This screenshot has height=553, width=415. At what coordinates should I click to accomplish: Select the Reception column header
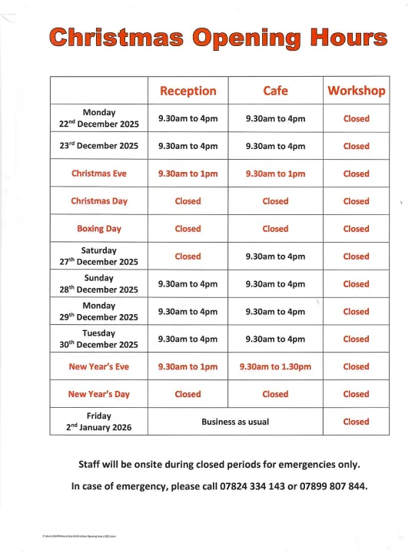(x=188, y=91)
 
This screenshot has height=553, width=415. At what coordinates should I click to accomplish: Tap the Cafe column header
(x=275, y=91)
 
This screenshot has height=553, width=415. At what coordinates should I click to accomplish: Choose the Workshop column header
(x=356, y=91)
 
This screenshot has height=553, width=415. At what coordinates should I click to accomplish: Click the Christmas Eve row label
(x=99, y=174)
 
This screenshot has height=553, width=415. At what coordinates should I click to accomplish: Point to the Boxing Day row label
(x=99, y=229)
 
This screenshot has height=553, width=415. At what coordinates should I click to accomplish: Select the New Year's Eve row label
(x=99, y=366)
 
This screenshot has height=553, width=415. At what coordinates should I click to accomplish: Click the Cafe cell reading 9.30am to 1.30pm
(x=275, y=366)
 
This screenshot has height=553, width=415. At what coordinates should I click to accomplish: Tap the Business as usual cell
(x=231, y=422)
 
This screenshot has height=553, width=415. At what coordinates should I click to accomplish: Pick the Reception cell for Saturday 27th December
(x=188, y=257)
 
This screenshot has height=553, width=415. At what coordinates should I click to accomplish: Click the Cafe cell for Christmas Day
(x=275, y=201)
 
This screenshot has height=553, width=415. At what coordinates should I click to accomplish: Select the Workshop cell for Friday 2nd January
(x=356, y=422)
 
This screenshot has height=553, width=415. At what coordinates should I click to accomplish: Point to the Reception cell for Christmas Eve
(x=188, y=174)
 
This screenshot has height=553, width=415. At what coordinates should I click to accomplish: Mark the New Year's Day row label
(x=99, y=394)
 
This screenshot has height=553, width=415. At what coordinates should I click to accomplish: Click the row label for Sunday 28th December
(x=99, y=283)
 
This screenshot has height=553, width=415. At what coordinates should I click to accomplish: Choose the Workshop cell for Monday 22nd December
(x=356, y=119)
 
